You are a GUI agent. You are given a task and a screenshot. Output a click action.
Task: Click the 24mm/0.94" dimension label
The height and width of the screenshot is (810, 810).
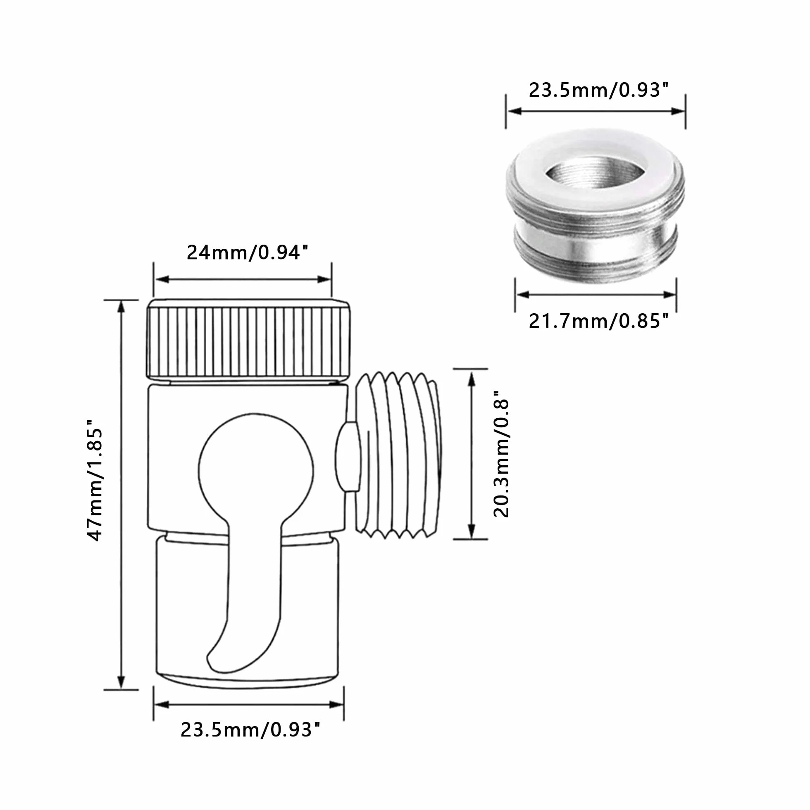click(x=248, y=253)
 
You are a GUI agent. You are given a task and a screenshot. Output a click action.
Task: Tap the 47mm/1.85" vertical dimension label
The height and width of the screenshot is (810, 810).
click(x=95, y=481)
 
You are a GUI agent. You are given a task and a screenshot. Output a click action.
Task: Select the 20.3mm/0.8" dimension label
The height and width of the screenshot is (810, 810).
click(x=501, y=454)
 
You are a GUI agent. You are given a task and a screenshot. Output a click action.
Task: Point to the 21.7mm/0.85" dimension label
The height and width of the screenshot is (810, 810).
click(x=598, y=321)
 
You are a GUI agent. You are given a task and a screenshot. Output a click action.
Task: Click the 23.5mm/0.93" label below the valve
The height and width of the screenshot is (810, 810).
click(x=250, y=729)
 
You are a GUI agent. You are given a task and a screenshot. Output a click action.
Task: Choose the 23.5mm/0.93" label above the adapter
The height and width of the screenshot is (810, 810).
click(x=598, y=90)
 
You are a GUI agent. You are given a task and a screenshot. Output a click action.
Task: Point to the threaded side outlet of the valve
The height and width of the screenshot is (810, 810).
click(x=398, y=455)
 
